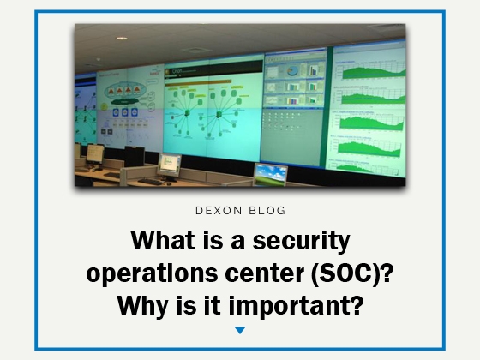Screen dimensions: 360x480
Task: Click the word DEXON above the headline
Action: tap(218, 208)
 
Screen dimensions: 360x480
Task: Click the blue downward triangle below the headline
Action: tap(240, 330)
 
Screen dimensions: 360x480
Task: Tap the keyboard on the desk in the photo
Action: tap(150, 181)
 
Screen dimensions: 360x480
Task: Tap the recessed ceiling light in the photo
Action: tap(122, 38)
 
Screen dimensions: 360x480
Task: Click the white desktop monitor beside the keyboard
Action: tap(170, 164)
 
